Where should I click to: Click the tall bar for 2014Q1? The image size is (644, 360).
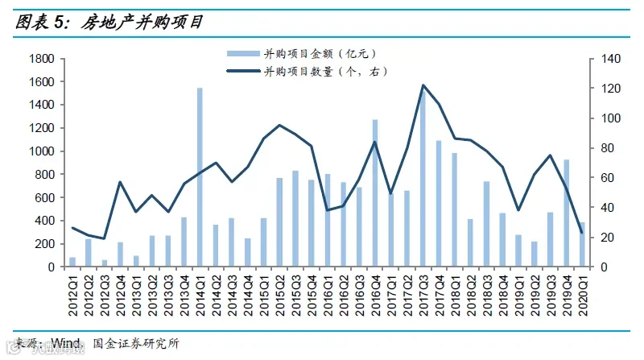click(200, 177)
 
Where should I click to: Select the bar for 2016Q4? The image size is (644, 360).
click(375, 193)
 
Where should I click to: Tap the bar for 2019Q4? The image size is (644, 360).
click(567, 213)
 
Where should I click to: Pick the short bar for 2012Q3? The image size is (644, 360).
click(105, 263)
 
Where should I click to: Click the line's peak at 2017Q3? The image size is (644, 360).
click(423, 85)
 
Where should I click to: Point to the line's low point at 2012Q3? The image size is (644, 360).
click(105, 238)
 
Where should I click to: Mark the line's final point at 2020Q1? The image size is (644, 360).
click(582, 233)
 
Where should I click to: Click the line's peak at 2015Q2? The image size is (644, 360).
click(279, 125)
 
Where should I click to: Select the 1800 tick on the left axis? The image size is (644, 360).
click(42, 59)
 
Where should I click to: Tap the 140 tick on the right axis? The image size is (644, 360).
click(611, 59)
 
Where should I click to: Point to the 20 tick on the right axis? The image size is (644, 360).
click(608, 237)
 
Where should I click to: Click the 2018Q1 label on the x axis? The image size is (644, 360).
click(455, 295)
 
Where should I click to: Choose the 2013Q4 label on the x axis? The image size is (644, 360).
click(184, 295)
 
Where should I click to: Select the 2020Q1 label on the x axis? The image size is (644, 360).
click(582, 295)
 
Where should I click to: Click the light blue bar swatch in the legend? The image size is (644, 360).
click(243, 53)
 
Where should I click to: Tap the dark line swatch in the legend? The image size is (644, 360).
click(243, 71)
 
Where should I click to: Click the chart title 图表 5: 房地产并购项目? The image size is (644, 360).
click(109, 23)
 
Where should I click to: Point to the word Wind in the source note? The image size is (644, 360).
click(66, 343)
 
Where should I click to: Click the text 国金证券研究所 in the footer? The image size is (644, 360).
click(136, 344)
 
